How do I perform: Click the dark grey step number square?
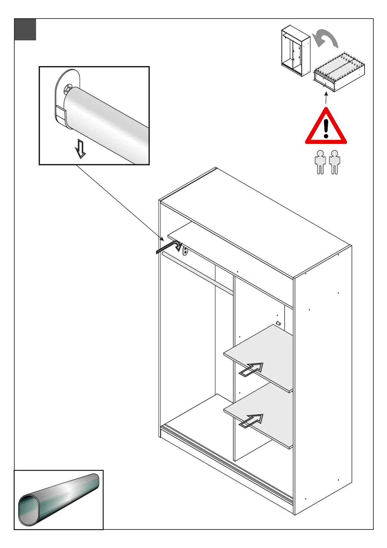coord(25,29)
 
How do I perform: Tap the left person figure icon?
coord(320,162)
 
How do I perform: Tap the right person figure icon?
coord(334,162)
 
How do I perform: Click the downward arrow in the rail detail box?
coord(80,148)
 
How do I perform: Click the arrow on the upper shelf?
coord(251,369)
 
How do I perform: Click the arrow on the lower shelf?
coord(251,420)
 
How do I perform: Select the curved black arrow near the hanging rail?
coord(169,246)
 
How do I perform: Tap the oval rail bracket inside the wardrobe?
coord(185,251)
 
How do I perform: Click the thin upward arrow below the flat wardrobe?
coord(326,98)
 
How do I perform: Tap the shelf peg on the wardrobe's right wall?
coord(278,323)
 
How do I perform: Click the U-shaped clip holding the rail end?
coord(61,114)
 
